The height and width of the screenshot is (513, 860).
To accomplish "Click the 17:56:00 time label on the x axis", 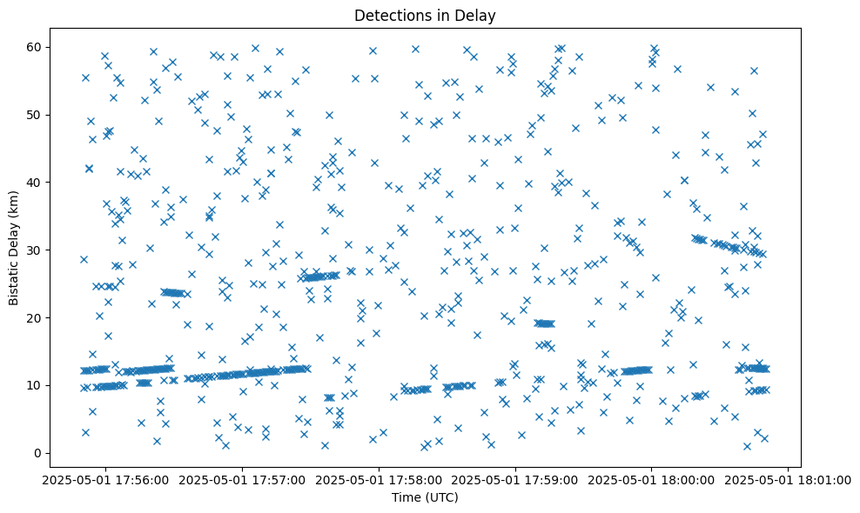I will click(105, 479).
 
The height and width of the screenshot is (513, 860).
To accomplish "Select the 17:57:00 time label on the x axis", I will click(242, 479).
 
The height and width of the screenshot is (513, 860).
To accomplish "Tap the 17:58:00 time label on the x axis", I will click(379, 479).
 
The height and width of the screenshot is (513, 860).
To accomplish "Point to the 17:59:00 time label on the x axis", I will click(515, 479).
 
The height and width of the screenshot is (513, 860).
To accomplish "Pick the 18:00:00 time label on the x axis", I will click(652, 479).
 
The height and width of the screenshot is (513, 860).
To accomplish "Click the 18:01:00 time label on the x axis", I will click(789, 479).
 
